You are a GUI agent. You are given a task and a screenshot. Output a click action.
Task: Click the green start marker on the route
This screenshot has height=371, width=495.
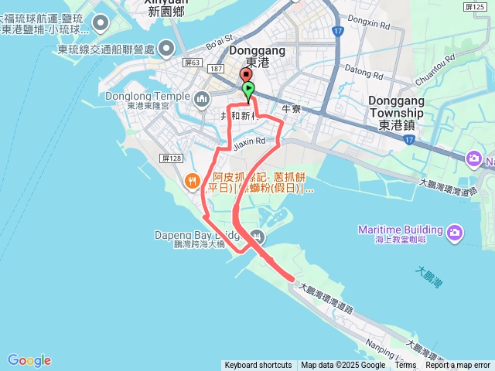(x=247, y=90)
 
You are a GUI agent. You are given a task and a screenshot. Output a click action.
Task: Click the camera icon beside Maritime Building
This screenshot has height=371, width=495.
(x=456, y=231)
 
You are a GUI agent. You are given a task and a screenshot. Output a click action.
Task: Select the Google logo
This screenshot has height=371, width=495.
(x=29, y=360)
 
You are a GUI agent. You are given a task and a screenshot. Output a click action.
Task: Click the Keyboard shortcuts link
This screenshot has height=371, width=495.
(x=258, y=366)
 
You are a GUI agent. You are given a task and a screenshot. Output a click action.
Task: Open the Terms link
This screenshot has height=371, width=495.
(x=405, y=366)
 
